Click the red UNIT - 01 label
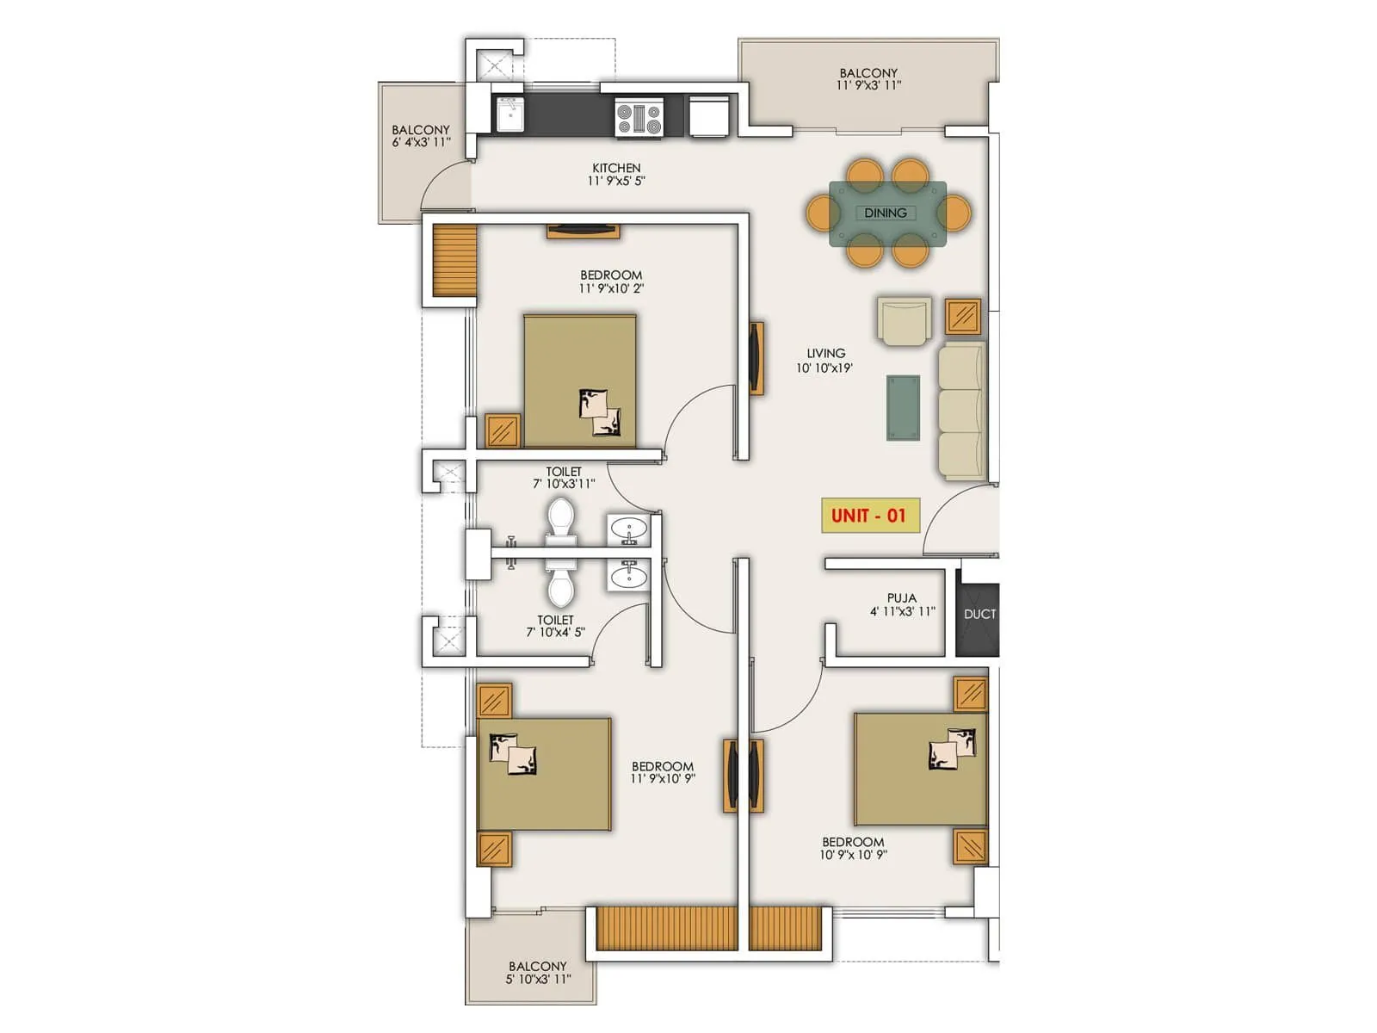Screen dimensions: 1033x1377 click(869, 516)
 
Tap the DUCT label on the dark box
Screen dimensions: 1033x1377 click(979, 614)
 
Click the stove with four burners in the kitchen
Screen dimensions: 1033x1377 click(639, 119)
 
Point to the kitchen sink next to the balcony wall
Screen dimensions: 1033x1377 click(509, 115)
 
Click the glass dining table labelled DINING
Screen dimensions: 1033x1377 click(887, 213)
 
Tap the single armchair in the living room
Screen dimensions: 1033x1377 click(905, 321)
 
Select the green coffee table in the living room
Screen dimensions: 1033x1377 click(903, 408)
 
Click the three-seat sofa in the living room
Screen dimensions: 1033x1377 click(961, 411)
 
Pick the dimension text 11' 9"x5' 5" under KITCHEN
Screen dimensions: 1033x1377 click(616, 181)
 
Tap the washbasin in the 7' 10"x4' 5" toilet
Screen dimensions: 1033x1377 click(629, 574)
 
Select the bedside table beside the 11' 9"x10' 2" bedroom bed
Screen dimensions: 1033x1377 click(502, 430)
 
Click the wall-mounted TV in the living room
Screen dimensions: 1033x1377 click(756, 357)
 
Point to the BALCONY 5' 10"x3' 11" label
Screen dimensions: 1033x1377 click(538, 972)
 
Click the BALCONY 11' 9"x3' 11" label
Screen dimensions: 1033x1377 click(868, 78)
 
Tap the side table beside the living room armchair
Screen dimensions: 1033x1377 click(963, 317)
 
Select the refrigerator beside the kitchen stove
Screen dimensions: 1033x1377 click(709, 115)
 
